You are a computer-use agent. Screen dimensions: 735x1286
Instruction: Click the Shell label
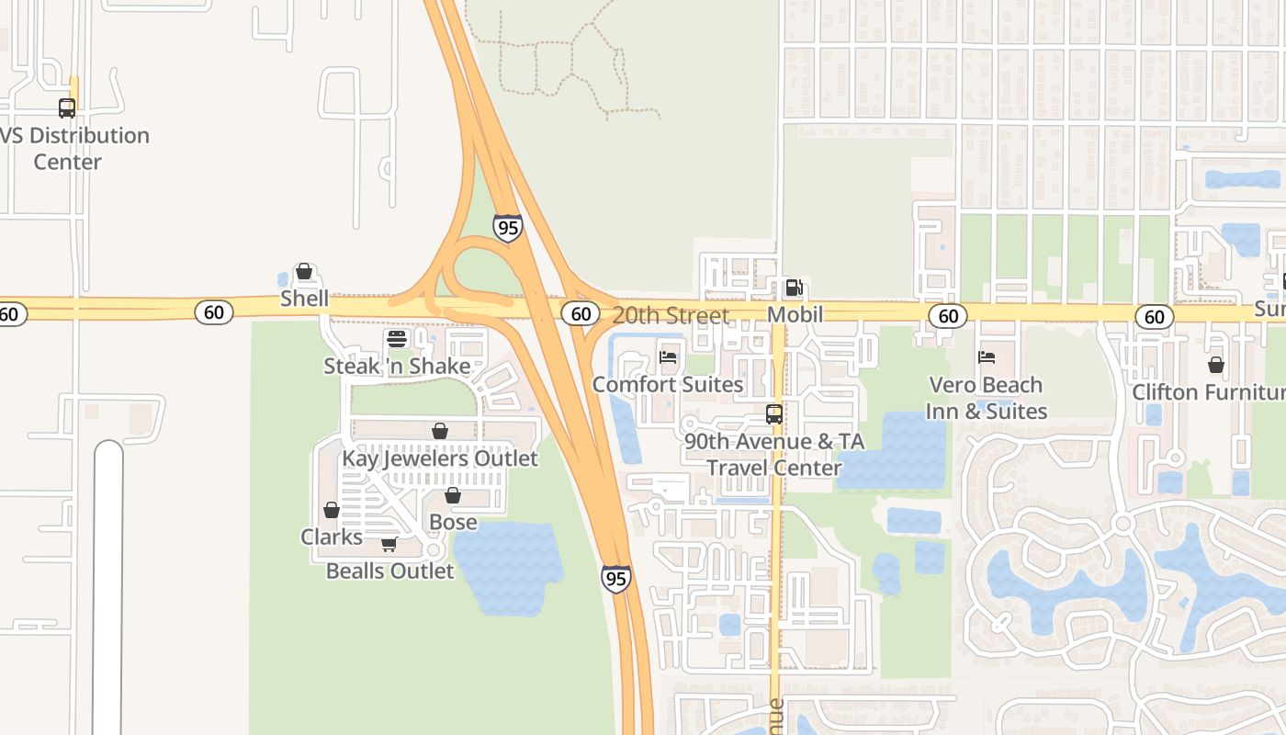(x=304, y=299)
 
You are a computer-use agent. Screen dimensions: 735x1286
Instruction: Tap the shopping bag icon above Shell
(x=304, y=271)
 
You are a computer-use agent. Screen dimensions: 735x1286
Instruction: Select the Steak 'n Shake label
(x=397, y=366)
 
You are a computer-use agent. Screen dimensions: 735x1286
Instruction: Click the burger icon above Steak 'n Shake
(x=397, y=339)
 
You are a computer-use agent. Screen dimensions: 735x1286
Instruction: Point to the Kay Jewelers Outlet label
(x=440, y=458)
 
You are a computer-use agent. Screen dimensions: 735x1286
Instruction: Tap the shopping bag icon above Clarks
(x=332, y=510)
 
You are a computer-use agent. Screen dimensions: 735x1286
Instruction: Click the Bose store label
(x=453, y=522)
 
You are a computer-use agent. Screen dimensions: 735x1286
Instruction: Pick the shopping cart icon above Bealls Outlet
(x=389, y=544)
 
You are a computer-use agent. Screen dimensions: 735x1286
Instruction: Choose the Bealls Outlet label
(x=389, y=571)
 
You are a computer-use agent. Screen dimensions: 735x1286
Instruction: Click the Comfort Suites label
(x=668, y=384)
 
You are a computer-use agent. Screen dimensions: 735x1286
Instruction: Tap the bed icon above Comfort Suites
(x=668, y=356)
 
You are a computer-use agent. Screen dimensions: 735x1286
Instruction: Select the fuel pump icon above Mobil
(x=795, y=288)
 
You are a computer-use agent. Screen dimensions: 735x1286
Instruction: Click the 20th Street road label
(x=671, y=315)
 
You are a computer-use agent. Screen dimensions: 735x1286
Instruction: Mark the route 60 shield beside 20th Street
(x=581, y=314)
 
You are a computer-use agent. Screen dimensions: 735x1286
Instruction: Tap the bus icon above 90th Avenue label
(x=774, y=414)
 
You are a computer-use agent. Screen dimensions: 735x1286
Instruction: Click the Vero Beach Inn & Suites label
(x=986, y=398)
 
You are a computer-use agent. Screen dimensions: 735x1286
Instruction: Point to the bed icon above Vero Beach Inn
(x=987, y=357)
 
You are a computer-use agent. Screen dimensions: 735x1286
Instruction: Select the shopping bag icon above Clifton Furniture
(x=1216, y=365)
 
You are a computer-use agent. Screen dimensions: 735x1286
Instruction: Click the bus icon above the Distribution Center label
(x=67, y=108)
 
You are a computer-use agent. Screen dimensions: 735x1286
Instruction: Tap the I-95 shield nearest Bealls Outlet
(x=616, y=578)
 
